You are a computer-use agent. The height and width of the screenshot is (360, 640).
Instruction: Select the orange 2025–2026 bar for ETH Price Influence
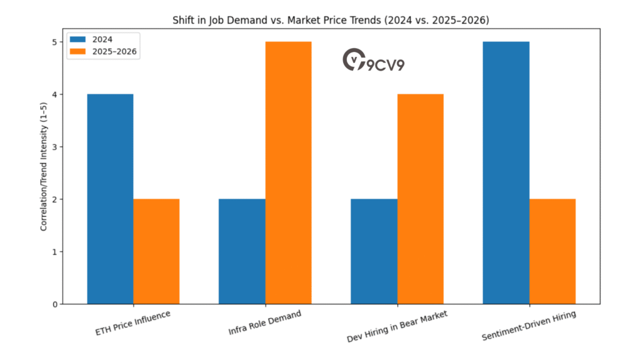pos(156,251)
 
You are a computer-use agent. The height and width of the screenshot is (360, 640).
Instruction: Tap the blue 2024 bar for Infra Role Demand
pos(242,251)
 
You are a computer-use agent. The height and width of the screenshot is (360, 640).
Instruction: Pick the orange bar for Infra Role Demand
pos(288,172)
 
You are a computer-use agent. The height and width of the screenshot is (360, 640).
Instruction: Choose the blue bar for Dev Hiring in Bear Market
pos(374,251)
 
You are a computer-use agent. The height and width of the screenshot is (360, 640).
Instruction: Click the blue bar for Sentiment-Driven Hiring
pos(506,172)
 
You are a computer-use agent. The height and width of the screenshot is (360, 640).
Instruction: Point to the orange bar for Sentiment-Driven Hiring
pos(552,251)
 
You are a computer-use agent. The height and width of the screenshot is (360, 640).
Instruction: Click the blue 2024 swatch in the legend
pos(79,40)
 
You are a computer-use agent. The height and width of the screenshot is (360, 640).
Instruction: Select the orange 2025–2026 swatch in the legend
pos(79,52)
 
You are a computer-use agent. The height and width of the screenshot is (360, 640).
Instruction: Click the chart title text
pos(331,21)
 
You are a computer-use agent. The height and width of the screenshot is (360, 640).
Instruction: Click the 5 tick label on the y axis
pos(55,42)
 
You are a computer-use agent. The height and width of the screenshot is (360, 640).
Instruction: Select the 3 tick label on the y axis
pos(55,147)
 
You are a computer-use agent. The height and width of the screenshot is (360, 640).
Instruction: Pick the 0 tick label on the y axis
pos(55,304)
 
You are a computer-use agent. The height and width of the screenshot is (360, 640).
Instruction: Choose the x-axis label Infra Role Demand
pos(264,322)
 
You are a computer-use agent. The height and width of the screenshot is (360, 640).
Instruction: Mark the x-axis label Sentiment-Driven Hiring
pos(529,325)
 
